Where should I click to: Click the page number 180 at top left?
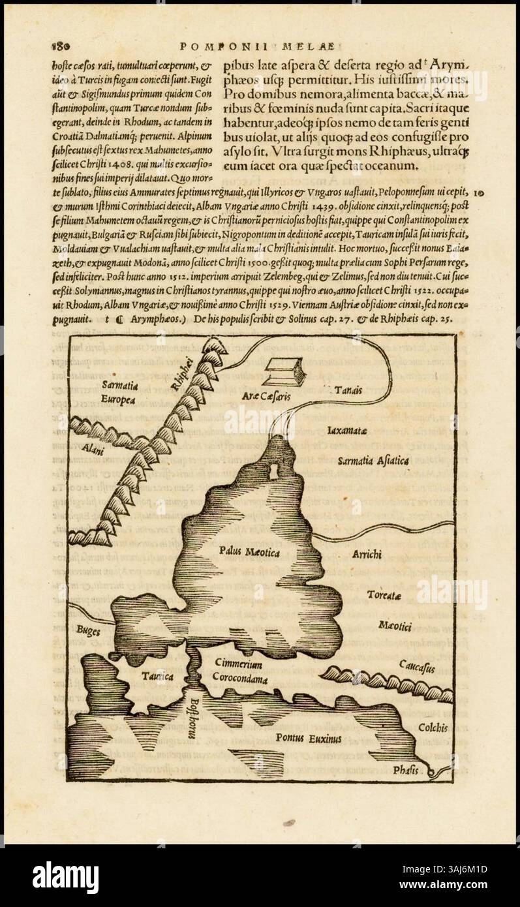60,47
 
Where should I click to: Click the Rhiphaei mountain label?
181,373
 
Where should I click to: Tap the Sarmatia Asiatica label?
373,461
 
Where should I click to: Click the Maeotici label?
395,626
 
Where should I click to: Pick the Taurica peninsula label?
157,677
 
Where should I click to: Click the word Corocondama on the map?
239,677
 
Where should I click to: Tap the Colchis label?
433,728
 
